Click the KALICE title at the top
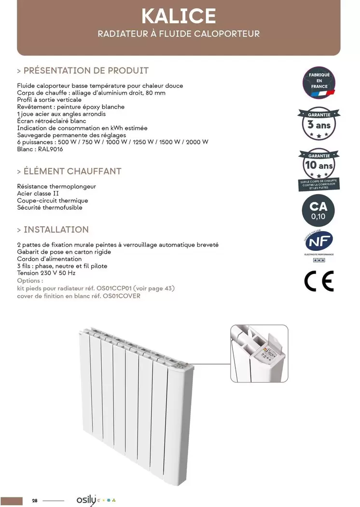click(x=179, y=16)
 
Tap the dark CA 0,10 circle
click(x=318, y=210)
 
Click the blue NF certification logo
click(x=318, y=241)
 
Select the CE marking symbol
click(x=319, y=282)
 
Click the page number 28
click(x=35, y=501)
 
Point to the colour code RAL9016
click(x=50, y=149)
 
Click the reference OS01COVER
click(x=122, y=296)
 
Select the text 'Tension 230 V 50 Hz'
click(x=46, y=273)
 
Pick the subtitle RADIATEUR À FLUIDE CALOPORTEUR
click(x=179, y=34)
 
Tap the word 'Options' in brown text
click(x=29, y=280)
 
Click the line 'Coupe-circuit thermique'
click(x=53, y=201)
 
